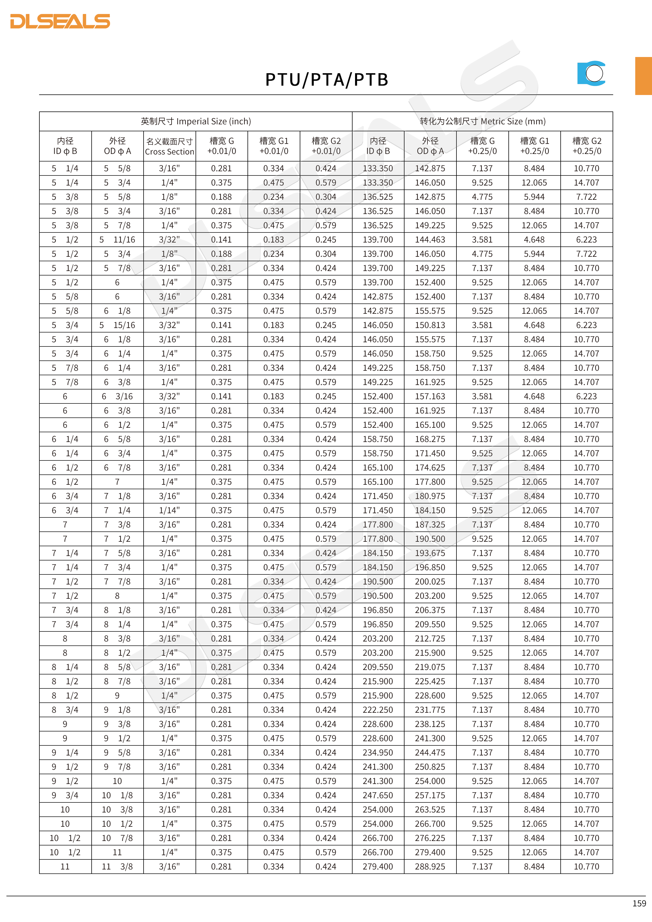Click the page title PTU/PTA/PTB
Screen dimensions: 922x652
coord(326,80)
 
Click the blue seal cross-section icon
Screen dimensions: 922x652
coord(591,73)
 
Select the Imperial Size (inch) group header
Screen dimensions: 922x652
coord(196,121)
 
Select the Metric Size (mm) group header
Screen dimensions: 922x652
coord(482,121)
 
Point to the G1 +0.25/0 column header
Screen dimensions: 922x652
coord(534,146)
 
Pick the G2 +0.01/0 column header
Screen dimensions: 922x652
coord(326,146)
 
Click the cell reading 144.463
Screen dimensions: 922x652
coord(430,240)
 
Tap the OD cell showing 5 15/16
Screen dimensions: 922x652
coord(117,325)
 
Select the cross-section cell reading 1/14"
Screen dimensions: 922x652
coord(169,510)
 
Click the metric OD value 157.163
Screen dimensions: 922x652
coord(430,396)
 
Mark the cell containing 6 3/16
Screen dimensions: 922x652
coord(117,396)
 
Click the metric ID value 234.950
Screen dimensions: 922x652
coord(378,752)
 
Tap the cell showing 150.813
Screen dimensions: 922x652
coord(430,325)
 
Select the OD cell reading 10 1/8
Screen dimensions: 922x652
coord(117,795)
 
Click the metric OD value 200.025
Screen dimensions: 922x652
coord(430,581)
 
